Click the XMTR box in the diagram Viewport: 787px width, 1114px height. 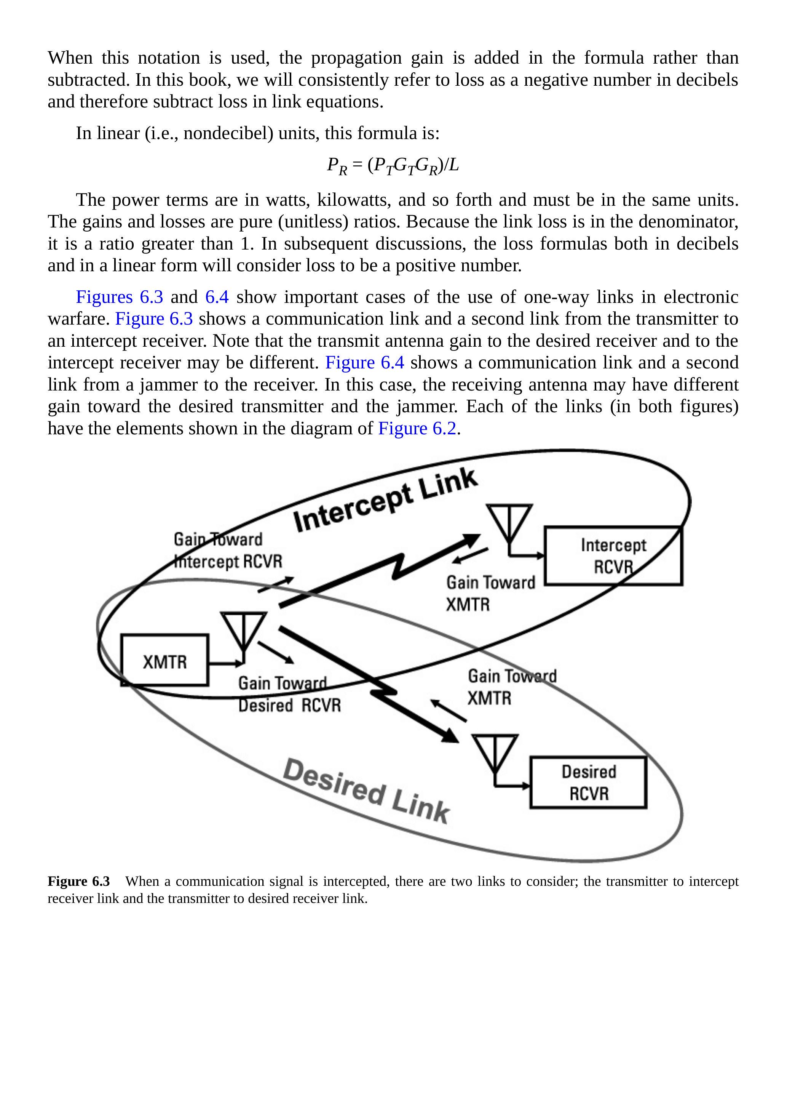click(164, 660)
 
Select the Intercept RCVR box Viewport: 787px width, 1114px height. click(613, 555)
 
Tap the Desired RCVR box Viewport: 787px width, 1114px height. click(588, 783)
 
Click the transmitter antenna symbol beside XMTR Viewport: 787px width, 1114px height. click(243, 631)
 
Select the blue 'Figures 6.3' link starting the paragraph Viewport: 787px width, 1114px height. click(119, 296)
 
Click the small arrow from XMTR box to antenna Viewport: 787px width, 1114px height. click(225, 663)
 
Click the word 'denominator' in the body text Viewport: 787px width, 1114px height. click(688, 222)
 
